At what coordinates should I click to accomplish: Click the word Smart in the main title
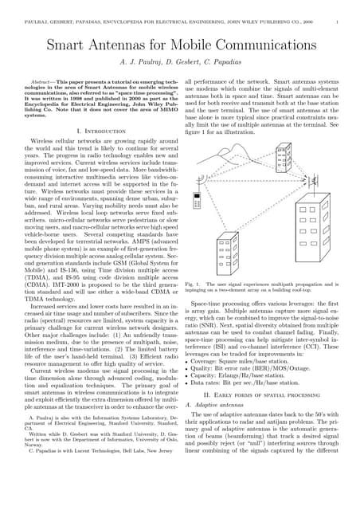pyautogui.click(x=69, y=47)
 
